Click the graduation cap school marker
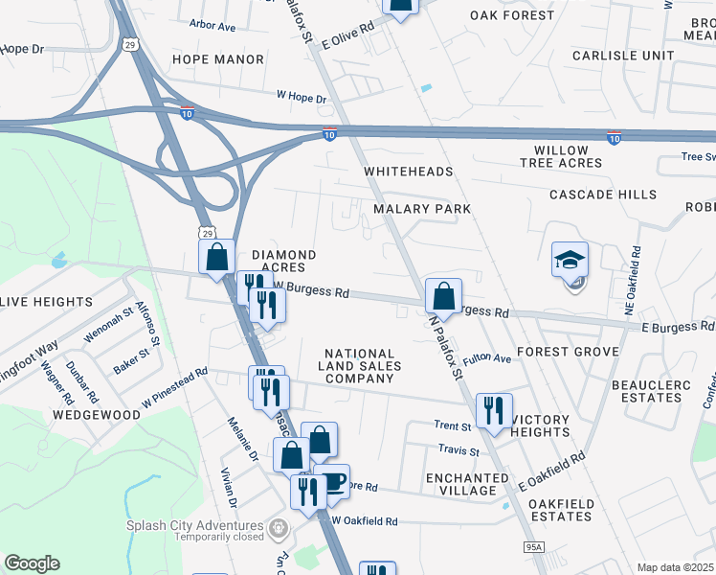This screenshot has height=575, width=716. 570,261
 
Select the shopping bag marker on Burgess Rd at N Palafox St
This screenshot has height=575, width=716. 443,296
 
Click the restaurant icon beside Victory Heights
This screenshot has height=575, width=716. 494,411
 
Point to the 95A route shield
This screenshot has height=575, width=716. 532,548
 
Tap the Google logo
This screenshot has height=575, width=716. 32,563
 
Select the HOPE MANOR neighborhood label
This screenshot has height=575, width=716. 217,59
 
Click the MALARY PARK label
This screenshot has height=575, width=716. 422,208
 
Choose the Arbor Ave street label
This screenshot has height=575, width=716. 213,26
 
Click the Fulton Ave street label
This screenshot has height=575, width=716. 487,359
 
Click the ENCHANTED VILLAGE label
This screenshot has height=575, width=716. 467,484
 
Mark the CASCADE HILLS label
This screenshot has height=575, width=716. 603,195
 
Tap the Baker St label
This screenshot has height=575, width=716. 131,360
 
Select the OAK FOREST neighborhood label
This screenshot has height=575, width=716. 512,15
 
